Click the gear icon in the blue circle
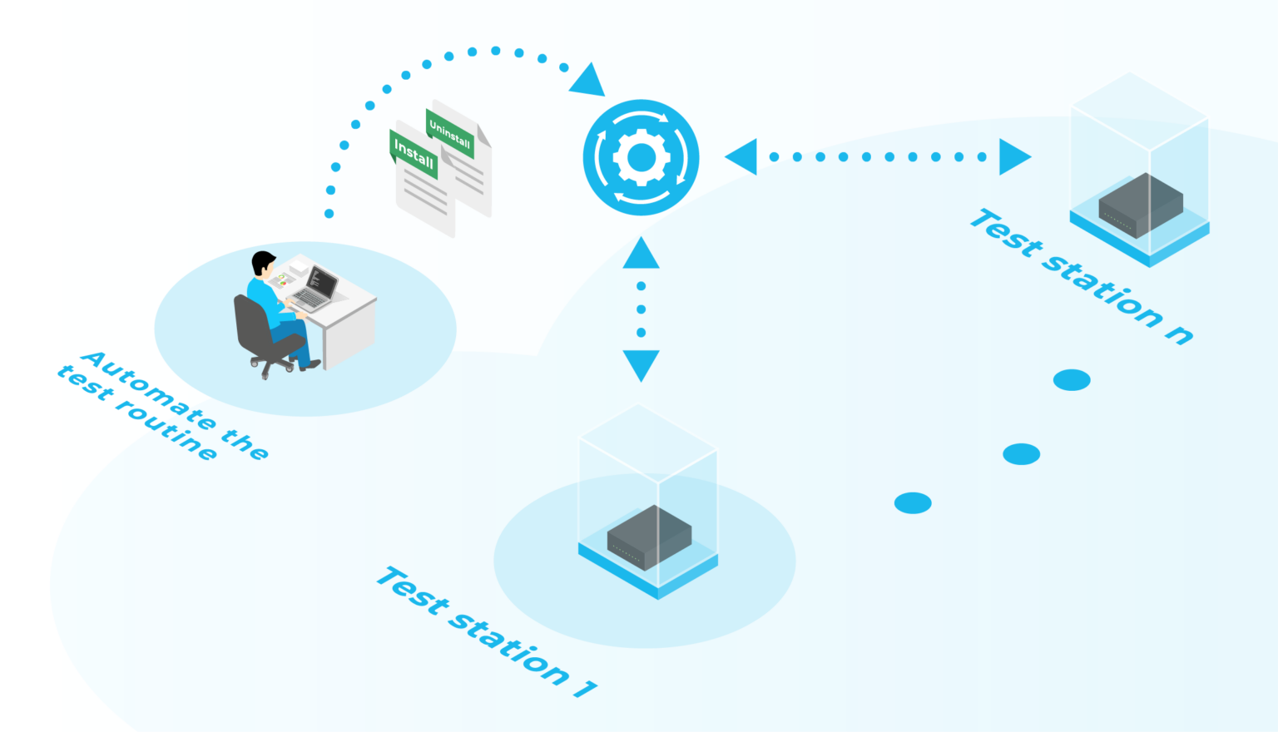641,157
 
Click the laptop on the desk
317,288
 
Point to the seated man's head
264,265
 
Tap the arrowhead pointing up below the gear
641,255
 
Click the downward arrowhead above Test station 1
641,364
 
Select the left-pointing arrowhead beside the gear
743,156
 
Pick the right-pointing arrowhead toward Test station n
1013,156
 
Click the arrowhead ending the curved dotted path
589,81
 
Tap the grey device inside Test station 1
649,537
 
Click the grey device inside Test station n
1141,205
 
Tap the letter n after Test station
1179,334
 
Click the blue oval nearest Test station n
1072,380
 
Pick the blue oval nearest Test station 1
913,503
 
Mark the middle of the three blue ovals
1021,454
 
